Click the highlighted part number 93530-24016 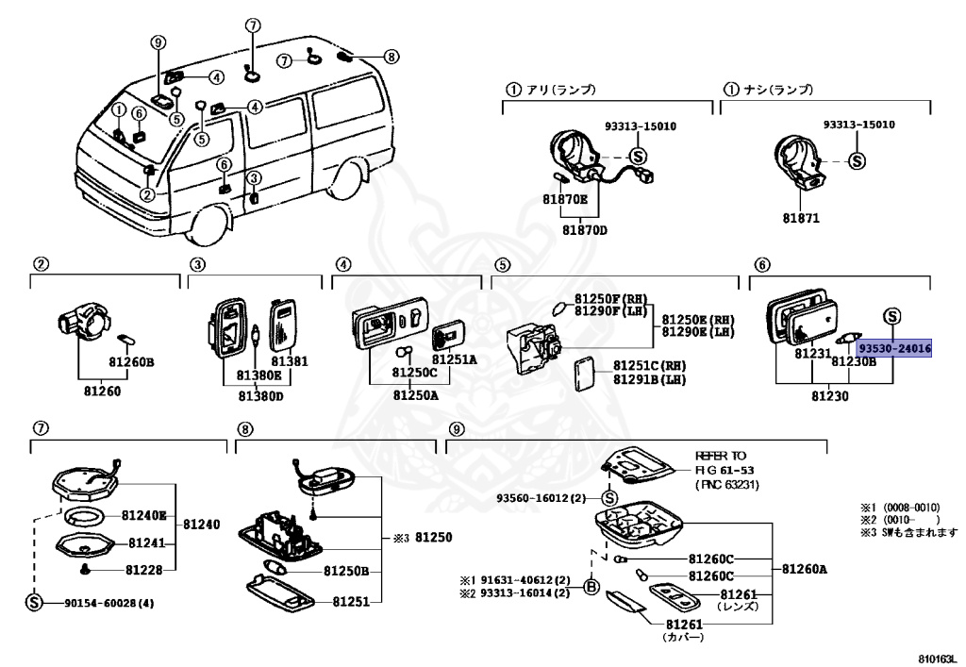[894, 349]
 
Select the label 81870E [564, 199]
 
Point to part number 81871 [799, 218]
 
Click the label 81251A [455, 359]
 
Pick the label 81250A [416, 394]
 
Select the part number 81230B [855, 360]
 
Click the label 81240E [143, 516]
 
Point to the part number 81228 [145, 569]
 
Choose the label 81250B [345, 571]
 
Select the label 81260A [804, 569]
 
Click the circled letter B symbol [591, 587]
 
